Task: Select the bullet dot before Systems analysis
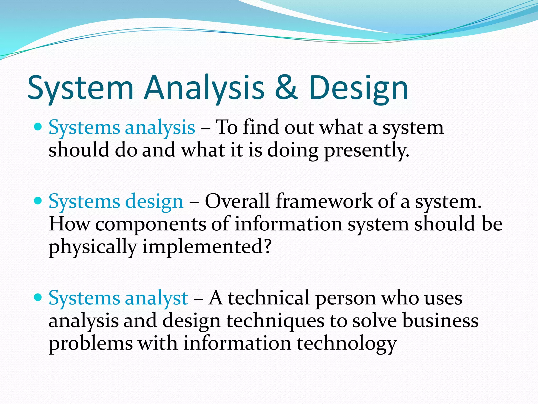coord(38,127)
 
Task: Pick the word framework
coord(324,201)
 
